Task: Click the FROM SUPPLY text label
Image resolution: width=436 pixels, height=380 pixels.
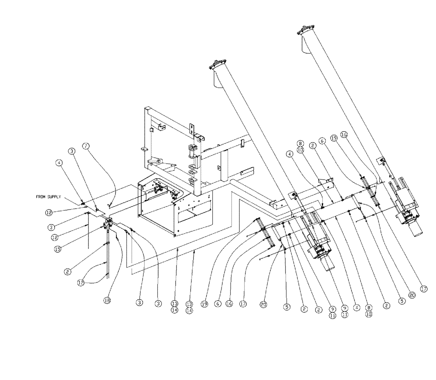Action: tap(49, 197)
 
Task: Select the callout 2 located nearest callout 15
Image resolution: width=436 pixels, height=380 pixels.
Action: tap(68, 271)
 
